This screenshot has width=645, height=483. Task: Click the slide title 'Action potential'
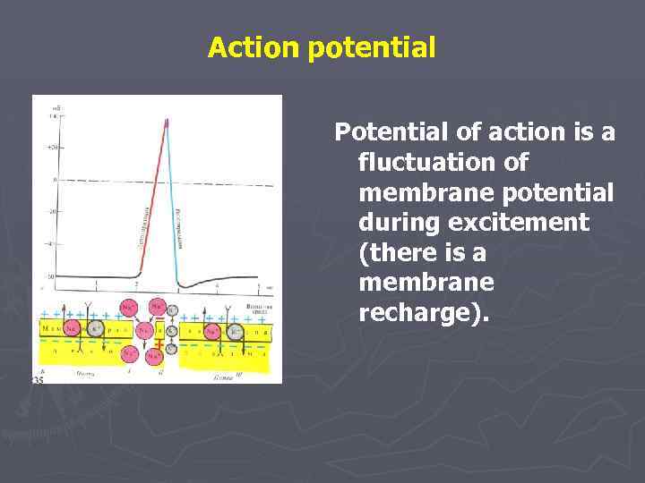322,47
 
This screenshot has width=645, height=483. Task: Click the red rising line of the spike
152,197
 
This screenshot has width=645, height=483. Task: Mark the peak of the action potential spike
166,120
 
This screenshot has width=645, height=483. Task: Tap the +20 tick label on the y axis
53,147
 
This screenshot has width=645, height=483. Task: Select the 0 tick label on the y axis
55,180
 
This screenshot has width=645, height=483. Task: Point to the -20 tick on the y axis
53,212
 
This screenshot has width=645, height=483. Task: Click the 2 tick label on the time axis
136,284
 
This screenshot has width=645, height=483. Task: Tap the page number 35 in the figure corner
39,379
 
